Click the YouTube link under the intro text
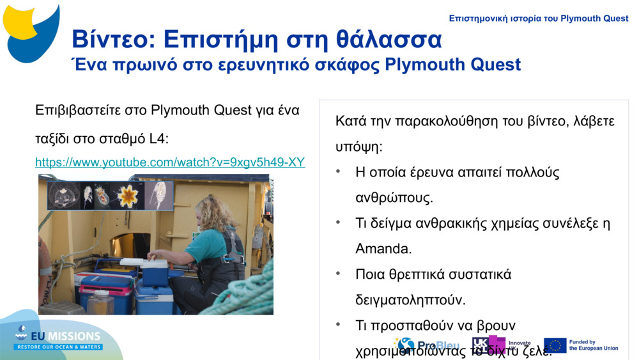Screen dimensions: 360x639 tap(169, 162)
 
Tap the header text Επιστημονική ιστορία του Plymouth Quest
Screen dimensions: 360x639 tap(538, 19)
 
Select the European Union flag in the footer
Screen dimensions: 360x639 tap(555, 345)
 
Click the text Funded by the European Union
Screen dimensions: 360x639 tap(593, 345)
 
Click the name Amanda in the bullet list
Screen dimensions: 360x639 tap(383, 248)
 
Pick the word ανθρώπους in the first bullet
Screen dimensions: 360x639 tap(394, 198)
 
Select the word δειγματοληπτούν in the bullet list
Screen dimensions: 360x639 tap(410, 299)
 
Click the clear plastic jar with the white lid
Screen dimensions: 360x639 tap(100, 302)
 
